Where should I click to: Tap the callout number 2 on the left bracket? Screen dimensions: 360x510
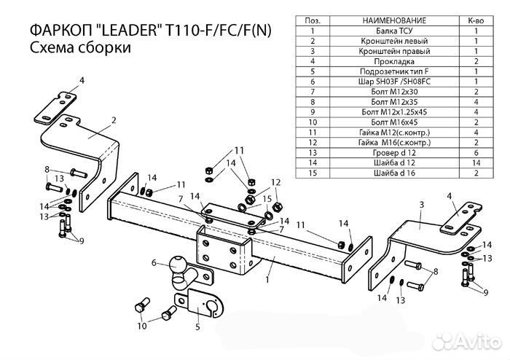[114, 119]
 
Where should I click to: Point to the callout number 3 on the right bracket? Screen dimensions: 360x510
[421, 206]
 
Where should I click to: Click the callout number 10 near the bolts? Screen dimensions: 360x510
[142, 326]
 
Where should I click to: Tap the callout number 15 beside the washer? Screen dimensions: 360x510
[267, 198]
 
